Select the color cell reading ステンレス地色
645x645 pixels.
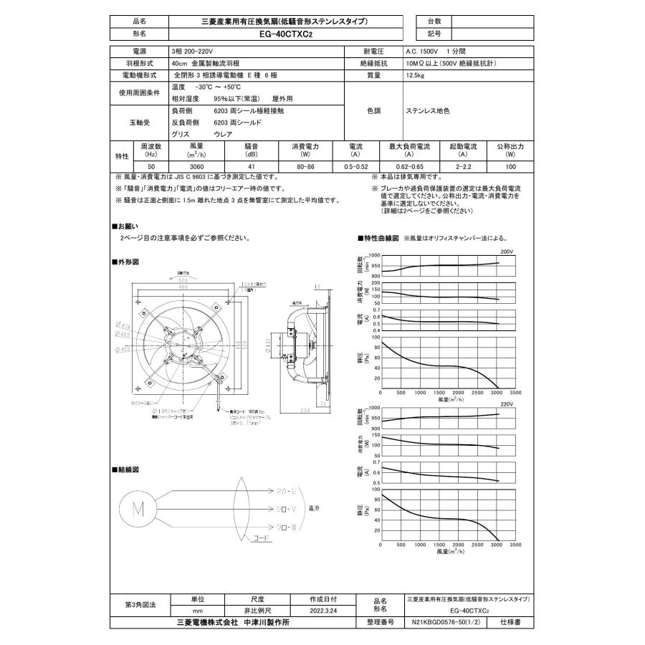(427, 111)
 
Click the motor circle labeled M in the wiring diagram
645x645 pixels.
(135, 509)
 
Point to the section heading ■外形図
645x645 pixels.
(126, 262)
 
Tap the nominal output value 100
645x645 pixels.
(510, 166)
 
